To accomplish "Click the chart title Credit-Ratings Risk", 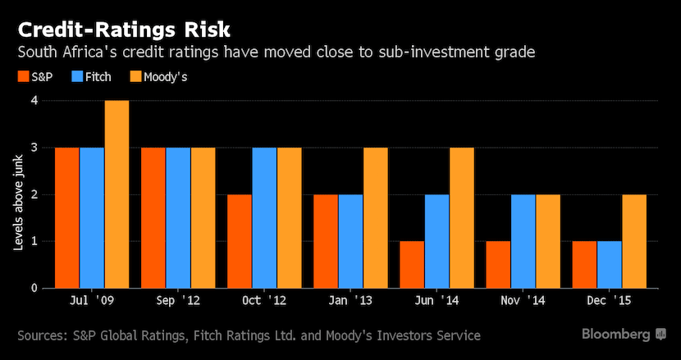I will [123, 30].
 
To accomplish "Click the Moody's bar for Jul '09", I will [117, 194].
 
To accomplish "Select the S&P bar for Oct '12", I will [240, 241].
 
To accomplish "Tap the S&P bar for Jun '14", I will [412, 264].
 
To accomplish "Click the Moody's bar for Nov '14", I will [548, 241].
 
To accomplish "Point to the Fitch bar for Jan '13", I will [350, 241].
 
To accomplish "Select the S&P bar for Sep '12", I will [153, 217].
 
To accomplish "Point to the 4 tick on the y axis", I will [35, 101].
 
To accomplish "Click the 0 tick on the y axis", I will [35, 288].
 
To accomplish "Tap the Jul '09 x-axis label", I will [93, 303].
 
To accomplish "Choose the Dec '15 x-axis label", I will [609, 303].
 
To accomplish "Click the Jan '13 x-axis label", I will [350, 303].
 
